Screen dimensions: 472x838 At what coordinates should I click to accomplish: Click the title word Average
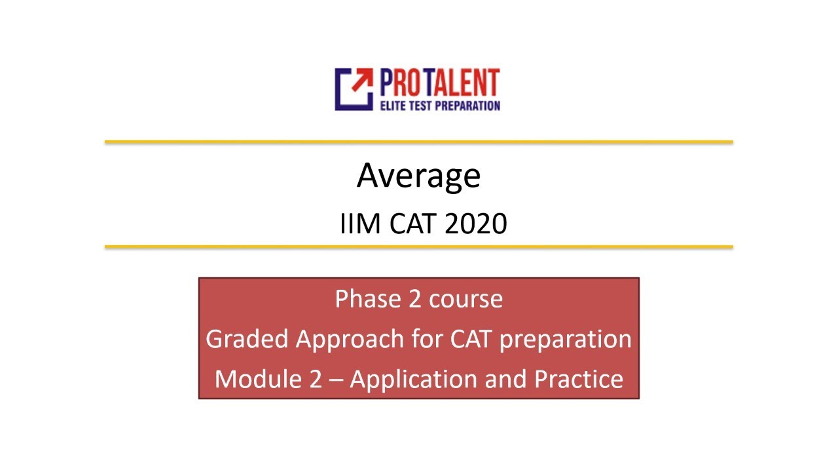click(418, 176)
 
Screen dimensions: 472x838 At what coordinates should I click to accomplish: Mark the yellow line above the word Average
click(418, 142)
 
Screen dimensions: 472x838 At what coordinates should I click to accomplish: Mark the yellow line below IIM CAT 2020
click(418, 247)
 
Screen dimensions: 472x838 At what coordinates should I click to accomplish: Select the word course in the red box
click(465, 299)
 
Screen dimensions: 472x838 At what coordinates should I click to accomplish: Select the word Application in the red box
click(416, 380)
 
